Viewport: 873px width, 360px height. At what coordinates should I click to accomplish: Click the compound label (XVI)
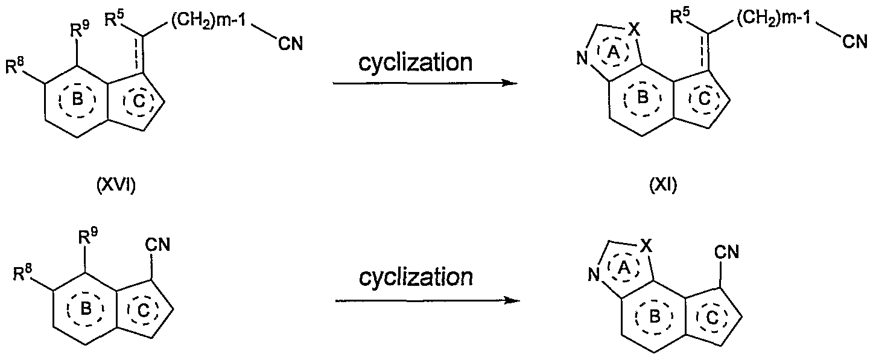[x=116, y=186]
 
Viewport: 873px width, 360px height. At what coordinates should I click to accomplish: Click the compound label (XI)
[x=663, y=186]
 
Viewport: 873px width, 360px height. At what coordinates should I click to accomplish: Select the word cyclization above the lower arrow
[x=416, y=277]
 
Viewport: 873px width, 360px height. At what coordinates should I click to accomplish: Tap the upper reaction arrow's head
[x=510, y=83]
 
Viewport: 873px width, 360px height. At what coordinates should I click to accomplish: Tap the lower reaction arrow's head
[x=512, y=300]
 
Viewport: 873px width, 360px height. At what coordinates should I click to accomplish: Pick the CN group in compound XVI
[x=290, y=43]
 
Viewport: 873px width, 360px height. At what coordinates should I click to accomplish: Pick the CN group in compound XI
[x=855, y=42]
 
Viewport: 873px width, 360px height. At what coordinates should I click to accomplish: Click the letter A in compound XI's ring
[x=614, y=54]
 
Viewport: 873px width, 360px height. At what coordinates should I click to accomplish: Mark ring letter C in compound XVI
[x=139, y=101]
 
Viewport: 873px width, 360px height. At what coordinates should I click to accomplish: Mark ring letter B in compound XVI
[x=78, y=99]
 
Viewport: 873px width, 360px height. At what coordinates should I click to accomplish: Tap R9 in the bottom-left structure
[x=88, y=236]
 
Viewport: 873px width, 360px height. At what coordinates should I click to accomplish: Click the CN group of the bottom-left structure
[x=157, y=245]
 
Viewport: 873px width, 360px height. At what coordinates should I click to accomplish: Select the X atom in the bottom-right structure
[x=646, y=245]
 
